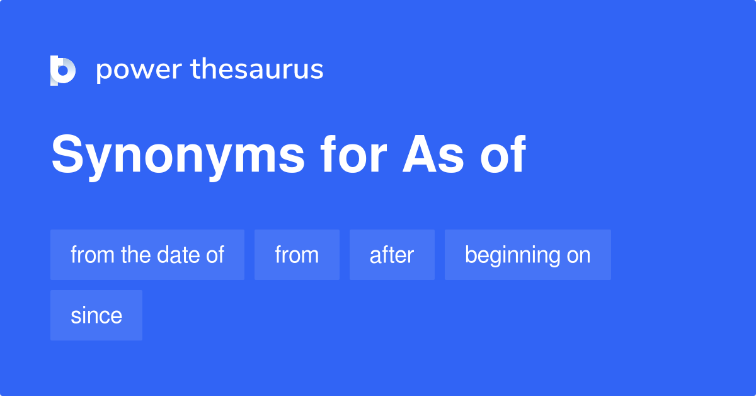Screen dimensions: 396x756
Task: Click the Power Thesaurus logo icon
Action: click(63, 70)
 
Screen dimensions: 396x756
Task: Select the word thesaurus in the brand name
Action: click(257, 70)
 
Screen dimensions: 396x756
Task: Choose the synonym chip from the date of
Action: click(147, 255)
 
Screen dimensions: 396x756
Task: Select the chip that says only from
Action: click(297, 255)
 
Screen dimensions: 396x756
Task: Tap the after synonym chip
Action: click(392, 255)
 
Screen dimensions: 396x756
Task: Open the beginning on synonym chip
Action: click(527, 255)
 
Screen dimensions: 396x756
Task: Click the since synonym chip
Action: click(96, 315)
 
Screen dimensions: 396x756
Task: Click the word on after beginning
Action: click(578, 255)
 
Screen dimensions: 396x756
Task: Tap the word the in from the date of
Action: click(134, 255)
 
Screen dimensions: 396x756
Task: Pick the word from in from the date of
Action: click(92, 255)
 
